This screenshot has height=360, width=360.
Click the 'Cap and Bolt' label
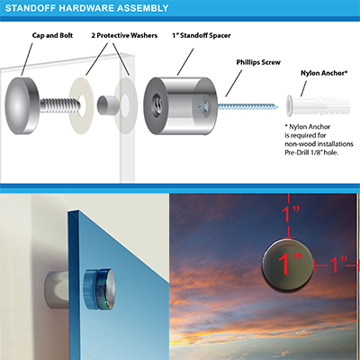tap(52, 35)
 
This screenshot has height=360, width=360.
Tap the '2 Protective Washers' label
tap(124, 35)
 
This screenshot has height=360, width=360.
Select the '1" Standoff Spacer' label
tap(202, 35)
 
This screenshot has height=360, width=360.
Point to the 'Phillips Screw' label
tap(258, 62)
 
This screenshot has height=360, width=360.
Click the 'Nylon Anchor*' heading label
tap(324, 73)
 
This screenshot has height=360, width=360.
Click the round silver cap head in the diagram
tap(22, 105)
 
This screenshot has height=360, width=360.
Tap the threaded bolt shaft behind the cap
tap(60, 105)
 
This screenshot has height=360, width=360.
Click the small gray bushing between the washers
tap(107, 105)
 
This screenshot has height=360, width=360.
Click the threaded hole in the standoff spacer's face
tap(157, 103)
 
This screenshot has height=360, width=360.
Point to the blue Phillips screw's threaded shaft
tap(247, 106)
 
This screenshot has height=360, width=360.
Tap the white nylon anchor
tap(318, 106)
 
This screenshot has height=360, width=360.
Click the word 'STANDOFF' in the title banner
tap(31, 8)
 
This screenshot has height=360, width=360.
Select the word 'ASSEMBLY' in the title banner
tap(143, 8)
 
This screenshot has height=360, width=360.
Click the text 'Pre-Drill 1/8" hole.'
tap(311, 153)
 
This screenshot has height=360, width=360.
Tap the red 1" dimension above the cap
tap(290, 214)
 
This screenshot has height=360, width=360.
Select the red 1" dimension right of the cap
tap(338, 265)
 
